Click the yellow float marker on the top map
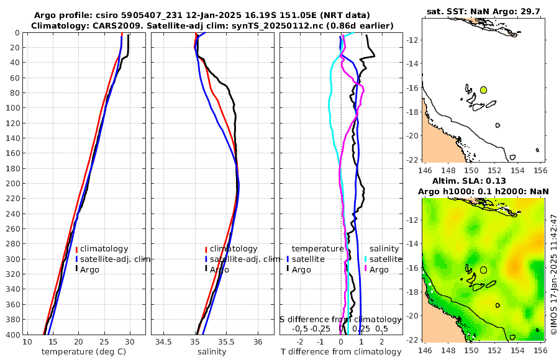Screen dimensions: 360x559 483,90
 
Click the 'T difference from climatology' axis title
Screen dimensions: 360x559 340,352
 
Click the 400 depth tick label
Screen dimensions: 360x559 12,335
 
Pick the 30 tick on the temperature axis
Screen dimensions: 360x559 129,342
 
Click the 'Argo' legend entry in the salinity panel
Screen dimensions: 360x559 219,269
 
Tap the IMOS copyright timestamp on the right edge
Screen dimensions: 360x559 553,267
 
